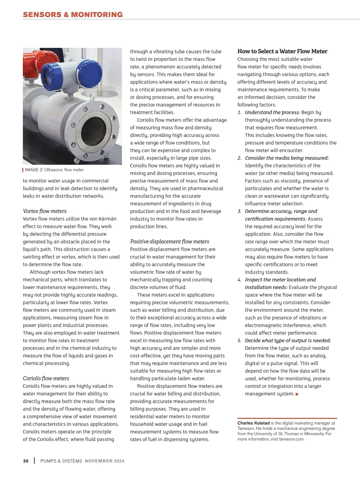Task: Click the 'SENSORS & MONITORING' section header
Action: click(x=73, y=15)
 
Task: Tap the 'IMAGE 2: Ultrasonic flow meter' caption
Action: click(x=54, y=170)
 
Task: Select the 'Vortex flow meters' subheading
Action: click(x=45, y=211)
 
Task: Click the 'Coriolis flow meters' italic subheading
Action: click(x=46, y=378)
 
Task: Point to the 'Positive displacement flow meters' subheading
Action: click(x=169, y=242)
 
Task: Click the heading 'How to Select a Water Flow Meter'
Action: click(x=282, y=51)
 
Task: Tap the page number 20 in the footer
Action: click(x=26, y=461)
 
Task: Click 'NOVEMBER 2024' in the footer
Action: click(x=104, y=461)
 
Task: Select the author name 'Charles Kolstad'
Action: click(x=253, y=423)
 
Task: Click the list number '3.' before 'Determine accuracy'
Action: click(x=239, y=211)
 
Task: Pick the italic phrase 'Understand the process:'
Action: click(x=272, y=112)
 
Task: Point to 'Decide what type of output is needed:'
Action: click(x=288, y=341)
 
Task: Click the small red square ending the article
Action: click(x=297, y=394)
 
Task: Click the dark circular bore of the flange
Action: click(x=94, y=131)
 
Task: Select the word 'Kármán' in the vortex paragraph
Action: click(x=108, y=219)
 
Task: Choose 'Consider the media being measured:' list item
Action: click(x=287, y=158)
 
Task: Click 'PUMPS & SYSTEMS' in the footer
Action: click(x=61, y=461)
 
